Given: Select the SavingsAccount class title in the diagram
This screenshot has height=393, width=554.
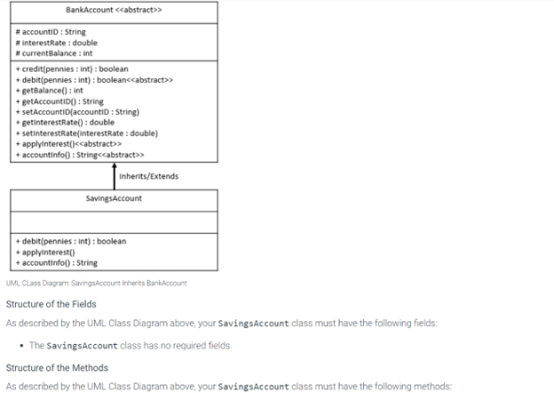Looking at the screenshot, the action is pyautogui.click(x=113, y=198).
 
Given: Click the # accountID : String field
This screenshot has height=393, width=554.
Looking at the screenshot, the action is pyautogui.click(x=51, y=32).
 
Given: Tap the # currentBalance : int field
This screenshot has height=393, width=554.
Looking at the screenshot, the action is pyautogui.click(x=54, y=53).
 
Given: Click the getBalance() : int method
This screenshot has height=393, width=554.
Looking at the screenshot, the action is pyautogui.click(x=50, y=91).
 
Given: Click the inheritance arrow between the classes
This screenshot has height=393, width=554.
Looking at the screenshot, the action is pyautogui.click(x=115, y=176).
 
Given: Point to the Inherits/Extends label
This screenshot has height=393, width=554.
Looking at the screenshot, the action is pyautogui.click(x=151, y=176).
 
